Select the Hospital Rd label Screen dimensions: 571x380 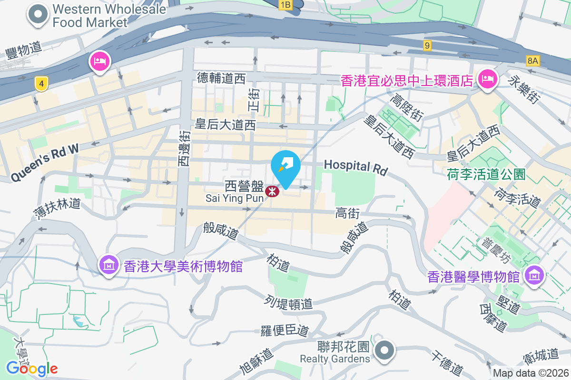(356, 167)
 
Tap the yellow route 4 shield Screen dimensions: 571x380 (42, 85)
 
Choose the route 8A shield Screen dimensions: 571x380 (533, 60)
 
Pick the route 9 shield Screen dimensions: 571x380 (427, 46)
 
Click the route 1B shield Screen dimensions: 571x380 (285, 5)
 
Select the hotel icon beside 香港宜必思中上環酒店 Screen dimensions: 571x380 (487, 78)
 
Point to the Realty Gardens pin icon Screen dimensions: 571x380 (384, 351)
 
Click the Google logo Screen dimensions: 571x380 (32, 368)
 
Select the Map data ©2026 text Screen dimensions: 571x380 (530, 373)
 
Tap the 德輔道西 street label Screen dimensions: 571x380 (221, 78)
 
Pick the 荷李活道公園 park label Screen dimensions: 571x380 (485, 175)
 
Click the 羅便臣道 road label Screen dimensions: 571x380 (285, 331)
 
